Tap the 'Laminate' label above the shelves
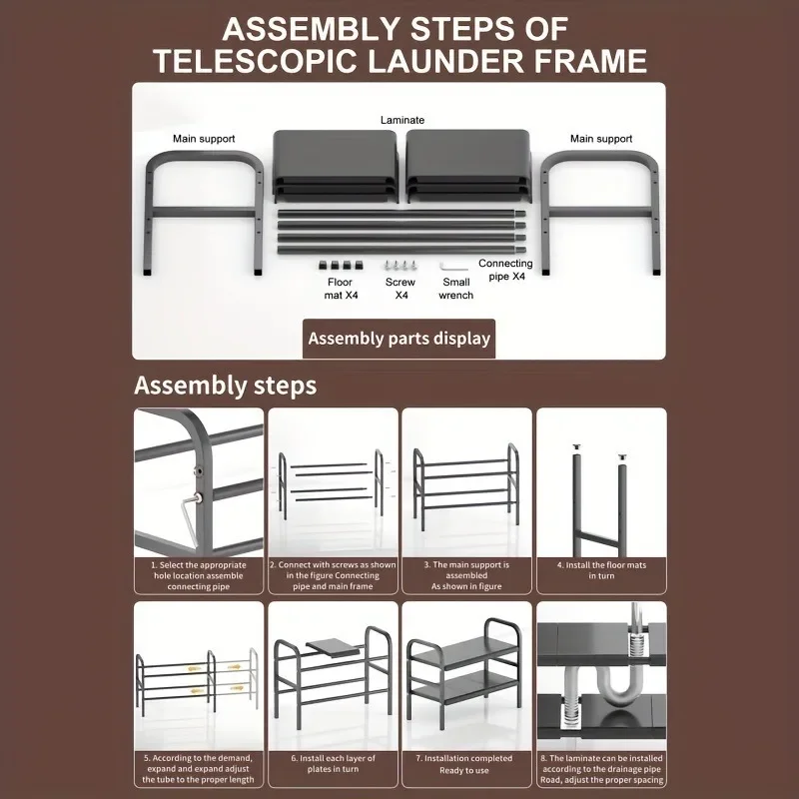click(x=401, y=120)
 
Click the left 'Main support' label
click(x=205, y=139)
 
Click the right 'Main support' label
click(x=600, y=139)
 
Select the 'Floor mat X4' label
click(x=340, y=289)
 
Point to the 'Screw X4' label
click(x=399, y=289)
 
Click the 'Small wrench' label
click(x=455, y=289)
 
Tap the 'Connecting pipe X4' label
click(x=505, y=270)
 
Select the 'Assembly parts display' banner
click(x=399, y=338)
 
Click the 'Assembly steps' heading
click(x=225, y=385)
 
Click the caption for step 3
click(x=465, y=575)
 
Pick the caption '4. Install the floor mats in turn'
click(x=601, y=570)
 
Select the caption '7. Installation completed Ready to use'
click(x=465, y=765)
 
